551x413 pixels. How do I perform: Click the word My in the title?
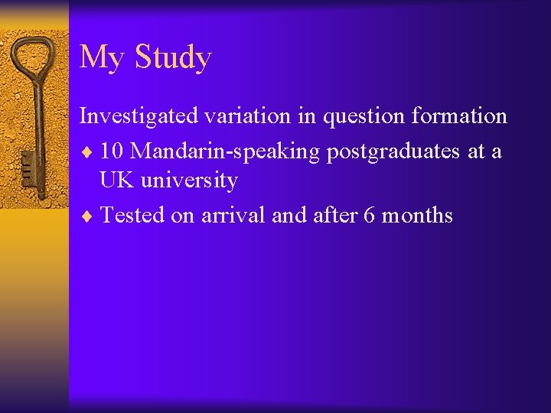pos(99,58)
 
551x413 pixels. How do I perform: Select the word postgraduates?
pos(396,151)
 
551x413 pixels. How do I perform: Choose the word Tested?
pos(133,215)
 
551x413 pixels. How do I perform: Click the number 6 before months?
pos(370,215)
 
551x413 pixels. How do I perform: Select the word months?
pos(418,215)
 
